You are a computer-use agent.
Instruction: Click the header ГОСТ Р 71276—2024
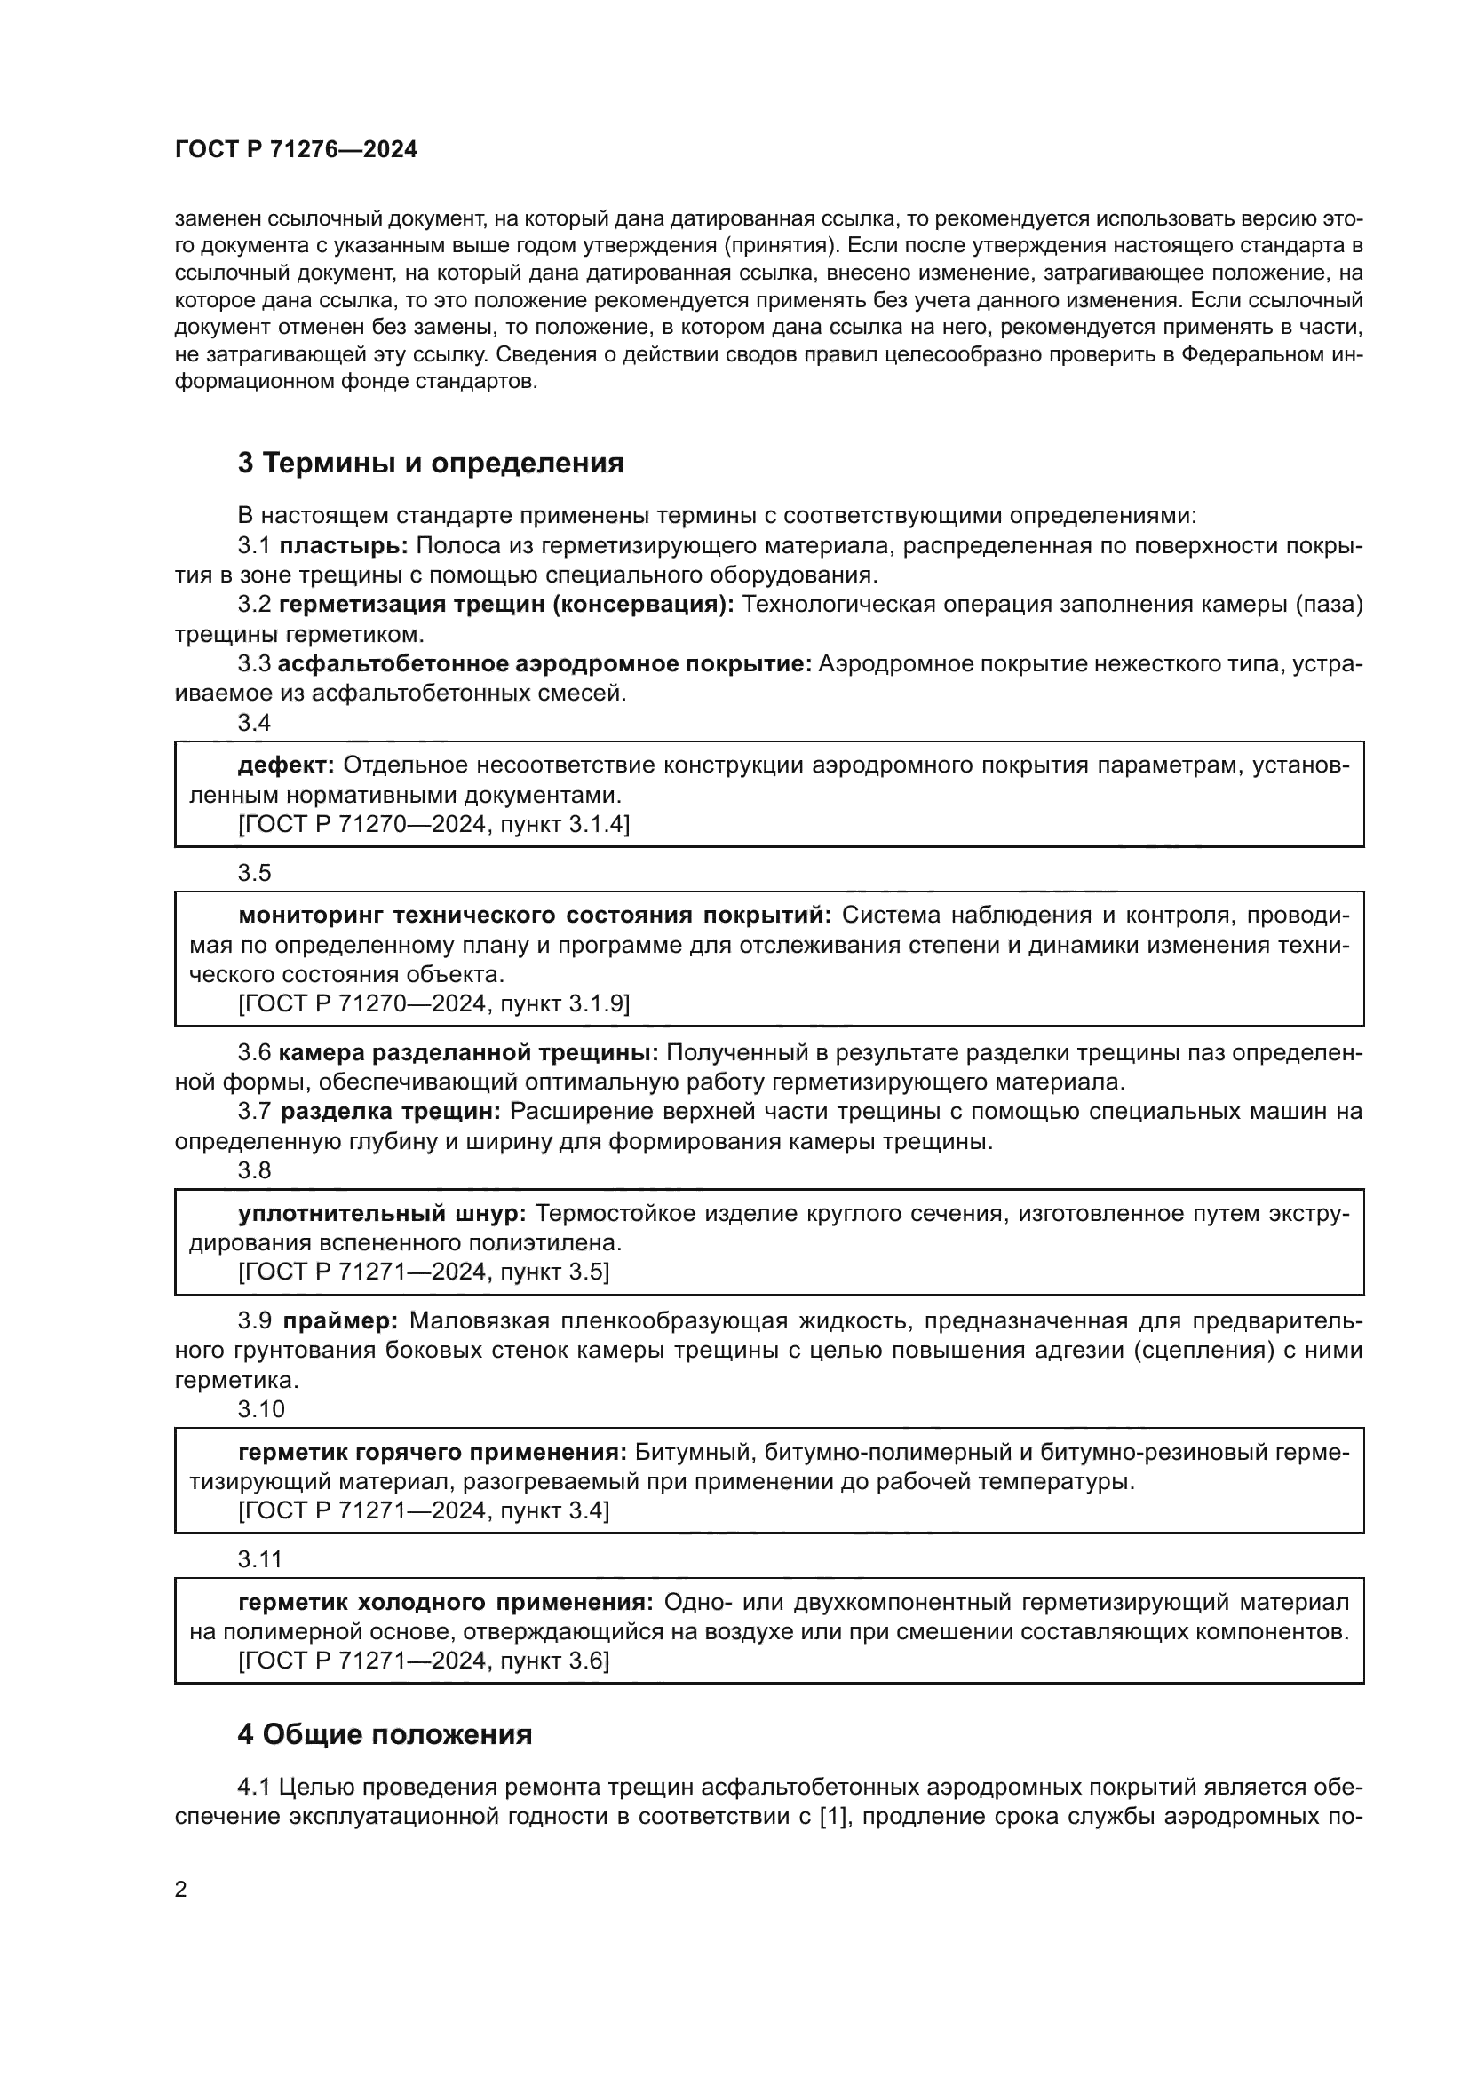click(x=296, y=150)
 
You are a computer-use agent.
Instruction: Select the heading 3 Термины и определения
click(x=431, y=464)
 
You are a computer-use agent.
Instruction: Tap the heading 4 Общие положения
click(x=385, y=1734)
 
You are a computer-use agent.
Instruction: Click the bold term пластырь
click(x=344, y=545)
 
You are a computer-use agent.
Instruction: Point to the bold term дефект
click(x=286, y=765)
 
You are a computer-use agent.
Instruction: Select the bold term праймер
click(x=340, y=1320)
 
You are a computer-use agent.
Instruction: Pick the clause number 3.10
click(x=261, y=1409)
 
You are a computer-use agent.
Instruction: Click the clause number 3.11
click(x=260, y=1559)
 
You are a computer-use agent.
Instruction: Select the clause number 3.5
click(x=254, y=873)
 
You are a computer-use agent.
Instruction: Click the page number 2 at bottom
click(x=181, y=1890)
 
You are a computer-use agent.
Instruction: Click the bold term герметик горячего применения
click(x=433, y=1453)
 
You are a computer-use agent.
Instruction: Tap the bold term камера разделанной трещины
click(x=469, y=1052)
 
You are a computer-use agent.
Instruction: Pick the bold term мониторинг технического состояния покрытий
click(x=535, y=916)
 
